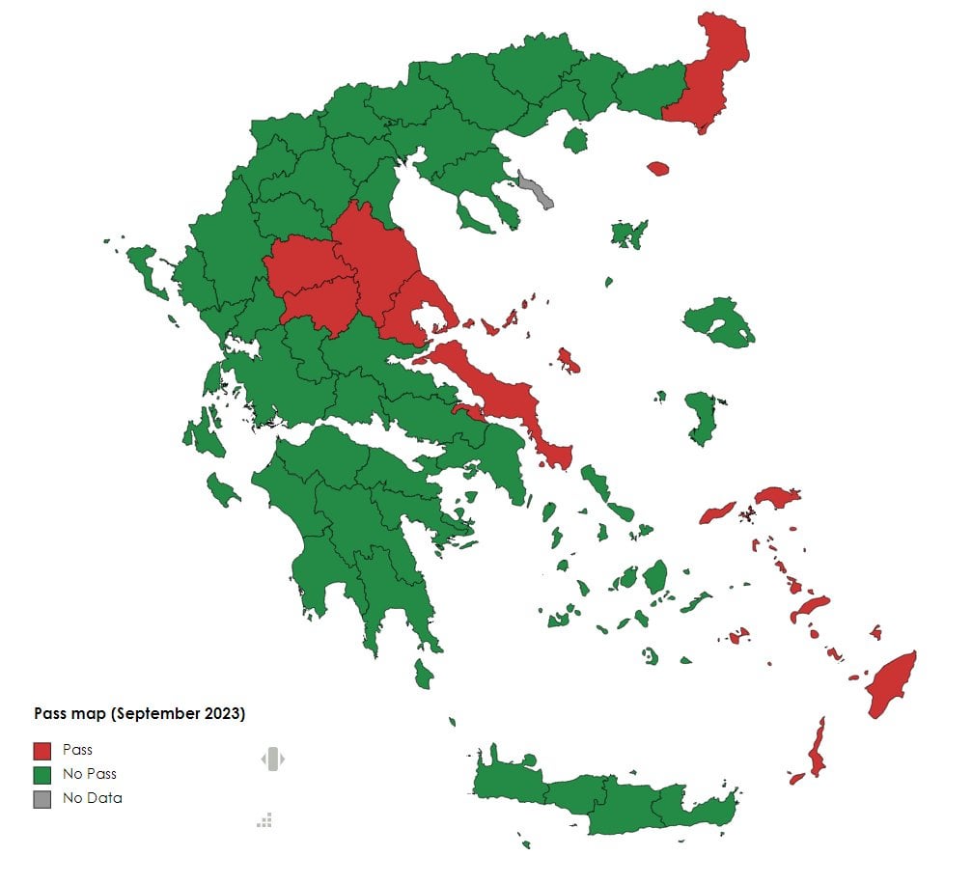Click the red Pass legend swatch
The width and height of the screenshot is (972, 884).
[x=42, y=750]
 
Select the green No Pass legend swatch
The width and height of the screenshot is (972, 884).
[x=42, y=774]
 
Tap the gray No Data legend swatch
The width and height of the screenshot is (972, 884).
[x=42, y=798]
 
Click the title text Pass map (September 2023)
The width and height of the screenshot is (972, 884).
[x=139, y=714]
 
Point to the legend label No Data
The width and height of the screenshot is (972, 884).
[x=92, y=798]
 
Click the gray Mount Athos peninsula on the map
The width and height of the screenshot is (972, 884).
[x=537, y=191]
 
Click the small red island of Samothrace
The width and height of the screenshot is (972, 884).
[x=657, y=168]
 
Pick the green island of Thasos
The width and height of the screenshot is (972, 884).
[x=575, y=141]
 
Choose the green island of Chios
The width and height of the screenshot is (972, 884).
[x=702, y=417]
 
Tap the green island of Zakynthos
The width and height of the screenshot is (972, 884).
[x=223, y=493]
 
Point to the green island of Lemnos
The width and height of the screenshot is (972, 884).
[x=629, y=234]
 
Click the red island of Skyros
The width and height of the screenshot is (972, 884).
[x=569, y=362]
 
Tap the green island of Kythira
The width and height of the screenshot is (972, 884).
[x=423, y=674]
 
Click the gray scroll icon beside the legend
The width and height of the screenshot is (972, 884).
[x=273, y=760]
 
